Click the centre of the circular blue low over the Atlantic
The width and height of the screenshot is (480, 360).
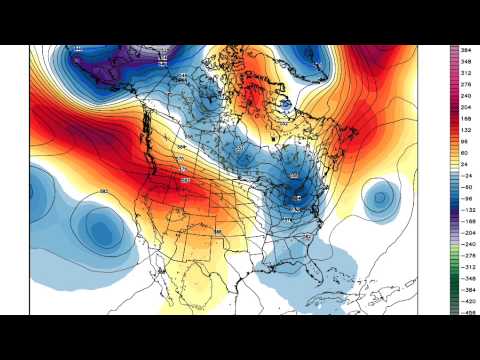click(381, 198)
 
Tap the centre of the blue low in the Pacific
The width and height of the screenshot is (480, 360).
click(100, 230)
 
